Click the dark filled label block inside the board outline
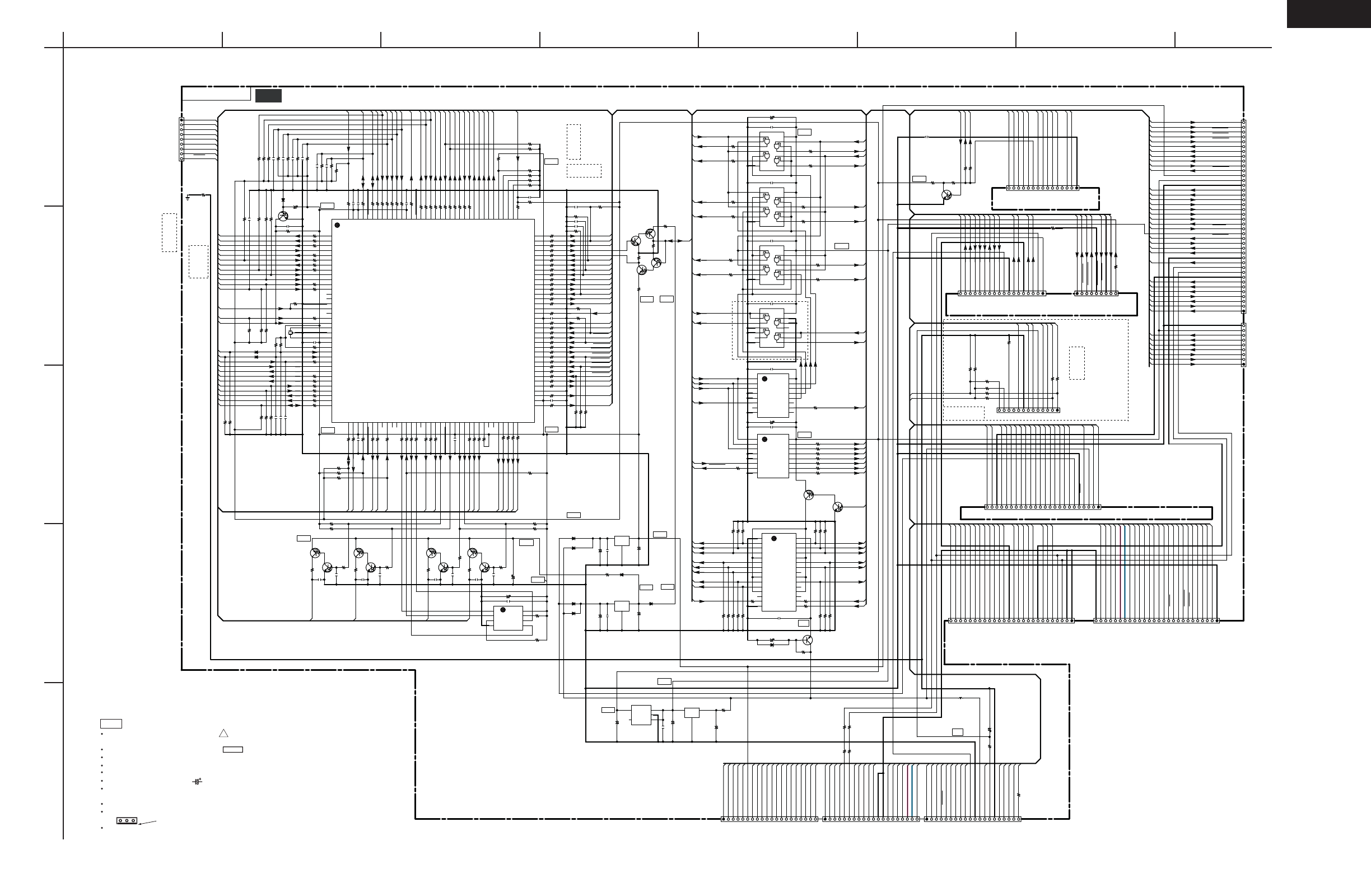pos(268,96)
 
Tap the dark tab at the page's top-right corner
pos(1328,13)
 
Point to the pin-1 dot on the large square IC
pos(338,225)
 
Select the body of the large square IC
pos(432,321)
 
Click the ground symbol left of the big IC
pos(188,198)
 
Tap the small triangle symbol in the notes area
pos(223,733)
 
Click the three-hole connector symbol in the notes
pos(127,820)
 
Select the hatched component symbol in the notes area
pos(198,782)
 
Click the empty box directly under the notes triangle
pos(233,749)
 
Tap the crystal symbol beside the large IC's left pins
pos(290,332)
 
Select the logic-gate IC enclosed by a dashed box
pos(771,328)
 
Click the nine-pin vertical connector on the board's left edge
pos(181,139)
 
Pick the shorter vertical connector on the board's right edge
pos(1243,344)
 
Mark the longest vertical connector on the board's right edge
pos(1243,216)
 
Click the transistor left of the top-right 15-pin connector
pos(945,195)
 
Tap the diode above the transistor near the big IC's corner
pos(283,200)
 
